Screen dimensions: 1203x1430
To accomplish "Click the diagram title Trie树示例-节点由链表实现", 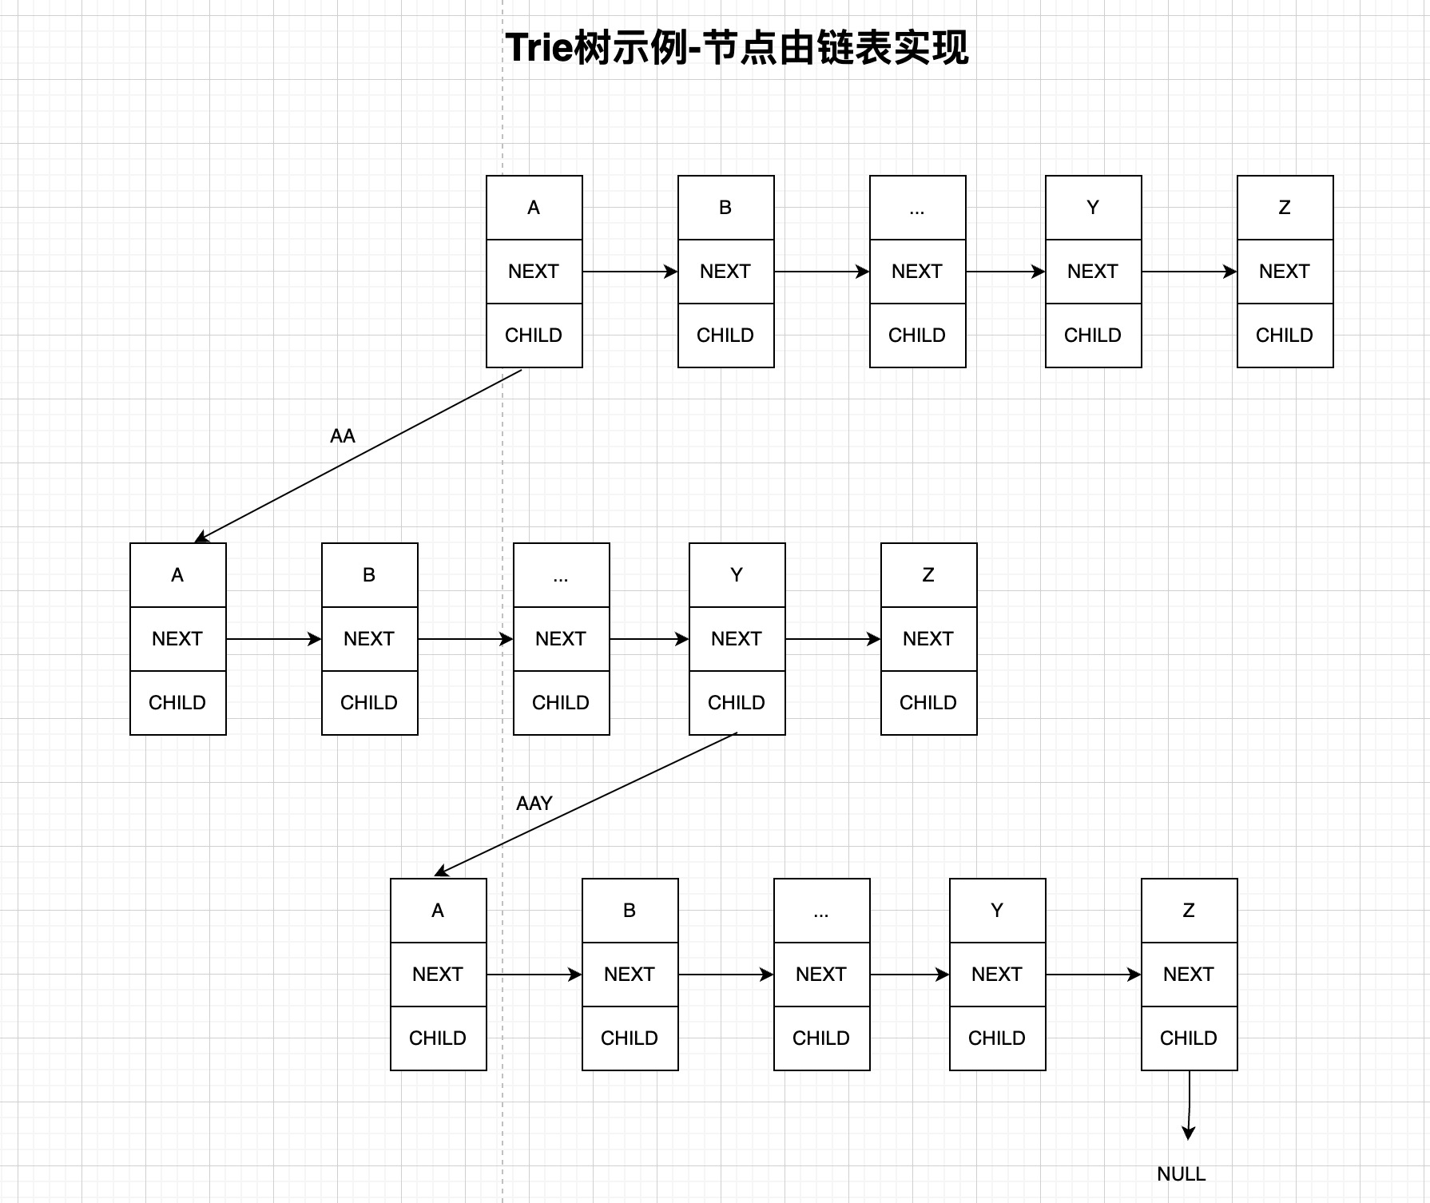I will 737,48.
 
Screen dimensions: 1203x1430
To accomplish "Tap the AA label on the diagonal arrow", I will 342,436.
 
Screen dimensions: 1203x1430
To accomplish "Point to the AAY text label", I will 534,804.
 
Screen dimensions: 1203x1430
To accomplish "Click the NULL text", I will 1181,1174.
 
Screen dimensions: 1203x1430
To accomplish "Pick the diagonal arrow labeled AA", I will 359,455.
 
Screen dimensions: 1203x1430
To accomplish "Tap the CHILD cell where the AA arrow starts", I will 534,335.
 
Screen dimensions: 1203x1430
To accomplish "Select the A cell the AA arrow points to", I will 177,575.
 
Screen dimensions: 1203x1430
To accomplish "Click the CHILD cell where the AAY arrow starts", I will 737,703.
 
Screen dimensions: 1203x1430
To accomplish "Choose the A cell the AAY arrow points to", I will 438,911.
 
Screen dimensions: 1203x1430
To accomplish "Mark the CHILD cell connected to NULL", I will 1189,1038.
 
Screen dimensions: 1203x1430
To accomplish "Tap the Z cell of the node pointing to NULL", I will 1189,911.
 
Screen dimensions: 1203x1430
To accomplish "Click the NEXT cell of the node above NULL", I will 1189,975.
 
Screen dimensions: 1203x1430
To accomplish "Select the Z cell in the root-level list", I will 1285,208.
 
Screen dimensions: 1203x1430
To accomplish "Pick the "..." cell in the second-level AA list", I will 561,575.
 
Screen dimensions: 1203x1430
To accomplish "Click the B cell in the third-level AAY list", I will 630,911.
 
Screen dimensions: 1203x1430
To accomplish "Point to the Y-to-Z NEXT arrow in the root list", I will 1189,272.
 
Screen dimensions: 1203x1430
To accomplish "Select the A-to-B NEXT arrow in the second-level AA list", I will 273,639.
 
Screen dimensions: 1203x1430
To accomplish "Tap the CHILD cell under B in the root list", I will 725,335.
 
